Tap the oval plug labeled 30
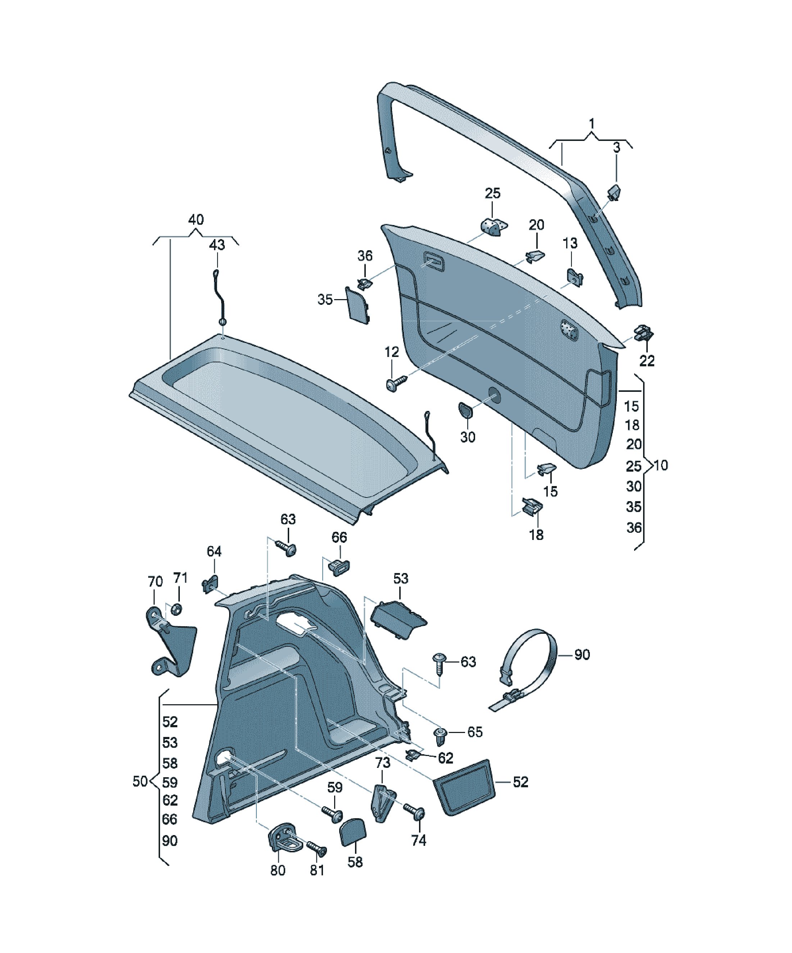(465, 410)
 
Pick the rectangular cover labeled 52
(464, 787)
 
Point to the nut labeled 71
(177, 609)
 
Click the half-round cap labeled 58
(353, 832)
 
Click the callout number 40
(196, 220)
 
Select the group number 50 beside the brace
(140, 781)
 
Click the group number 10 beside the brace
(661, 465)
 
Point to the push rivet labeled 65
(441, 737)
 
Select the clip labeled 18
(532, 506)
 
